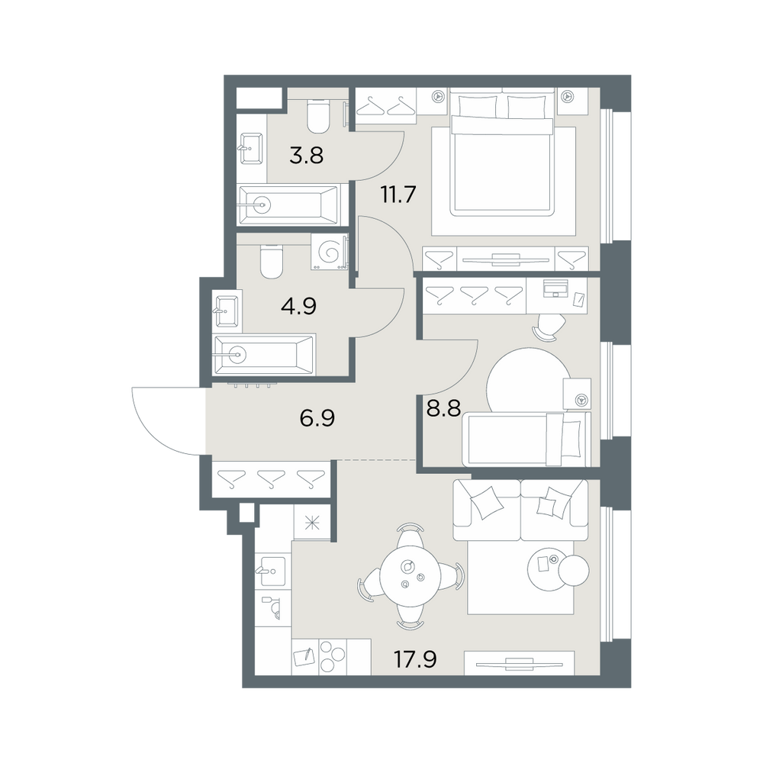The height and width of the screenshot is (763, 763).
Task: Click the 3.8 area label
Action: [x=306, y=156]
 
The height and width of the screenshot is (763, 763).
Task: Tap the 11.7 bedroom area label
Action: [x=398, y=195]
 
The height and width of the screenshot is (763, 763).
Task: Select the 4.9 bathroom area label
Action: [x=299, y=306]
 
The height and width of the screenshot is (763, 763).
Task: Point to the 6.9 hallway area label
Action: [x=317, y=418]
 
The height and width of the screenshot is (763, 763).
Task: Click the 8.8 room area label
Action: [x=443, y=408]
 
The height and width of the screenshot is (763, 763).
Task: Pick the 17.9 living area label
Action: [x=415, y=660]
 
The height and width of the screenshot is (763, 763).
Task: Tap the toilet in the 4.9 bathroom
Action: [x=272, y=260]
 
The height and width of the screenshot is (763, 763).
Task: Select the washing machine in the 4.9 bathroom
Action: [x=329, y=252]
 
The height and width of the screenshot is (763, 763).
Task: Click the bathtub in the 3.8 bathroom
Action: [x=289, y=204]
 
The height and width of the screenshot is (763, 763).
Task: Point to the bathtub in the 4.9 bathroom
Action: [x=265, y=355]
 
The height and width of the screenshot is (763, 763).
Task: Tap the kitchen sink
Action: [x=272, y=570]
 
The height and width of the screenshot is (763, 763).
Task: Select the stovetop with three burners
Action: [x=332, y=656]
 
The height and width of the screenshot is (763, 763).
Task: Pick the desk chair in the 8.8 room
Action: [x=550, y=327]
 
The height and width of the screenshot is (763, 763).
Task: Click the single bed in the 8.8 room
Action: [x=529, y=439]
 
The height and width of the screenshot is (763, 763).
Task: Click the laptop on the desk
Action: [x=555, y=288]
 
